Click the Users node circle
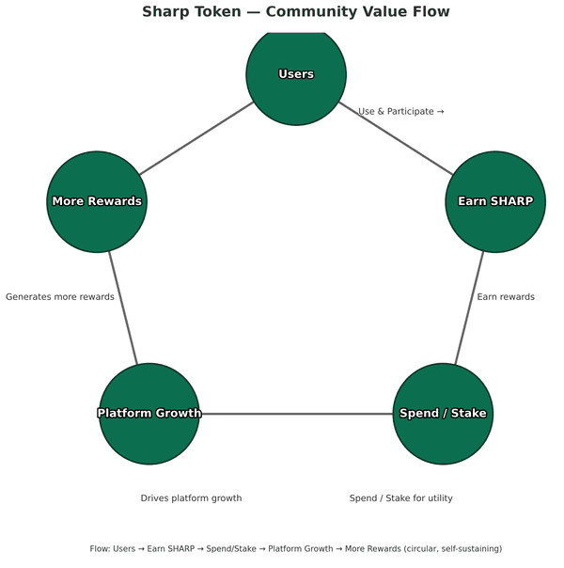tap(296, 74)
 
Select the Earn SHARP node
tap(495, 201)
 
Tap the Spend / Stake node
tap(443, 414)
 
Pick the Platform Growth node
tap(149, 414)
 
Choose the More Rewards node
tap(97, 201)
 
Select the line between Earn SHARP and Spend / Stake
tap(469, 308)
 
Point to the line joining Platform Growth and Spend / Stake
tap(296, 414)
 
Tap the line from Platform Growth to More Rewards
tap(123, 308)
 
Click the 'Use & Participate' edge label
tap(400, 112)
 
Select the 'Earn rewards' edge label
tap(506, 297)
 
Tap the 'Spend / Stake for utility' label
tap(400, 498)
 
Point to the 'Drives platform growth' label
tap(191, 498)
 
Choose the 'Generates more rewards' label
tap(60, 297)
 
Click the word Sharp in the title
tap(166, 12)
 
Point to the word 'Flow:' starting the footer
tap(101, 548)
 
